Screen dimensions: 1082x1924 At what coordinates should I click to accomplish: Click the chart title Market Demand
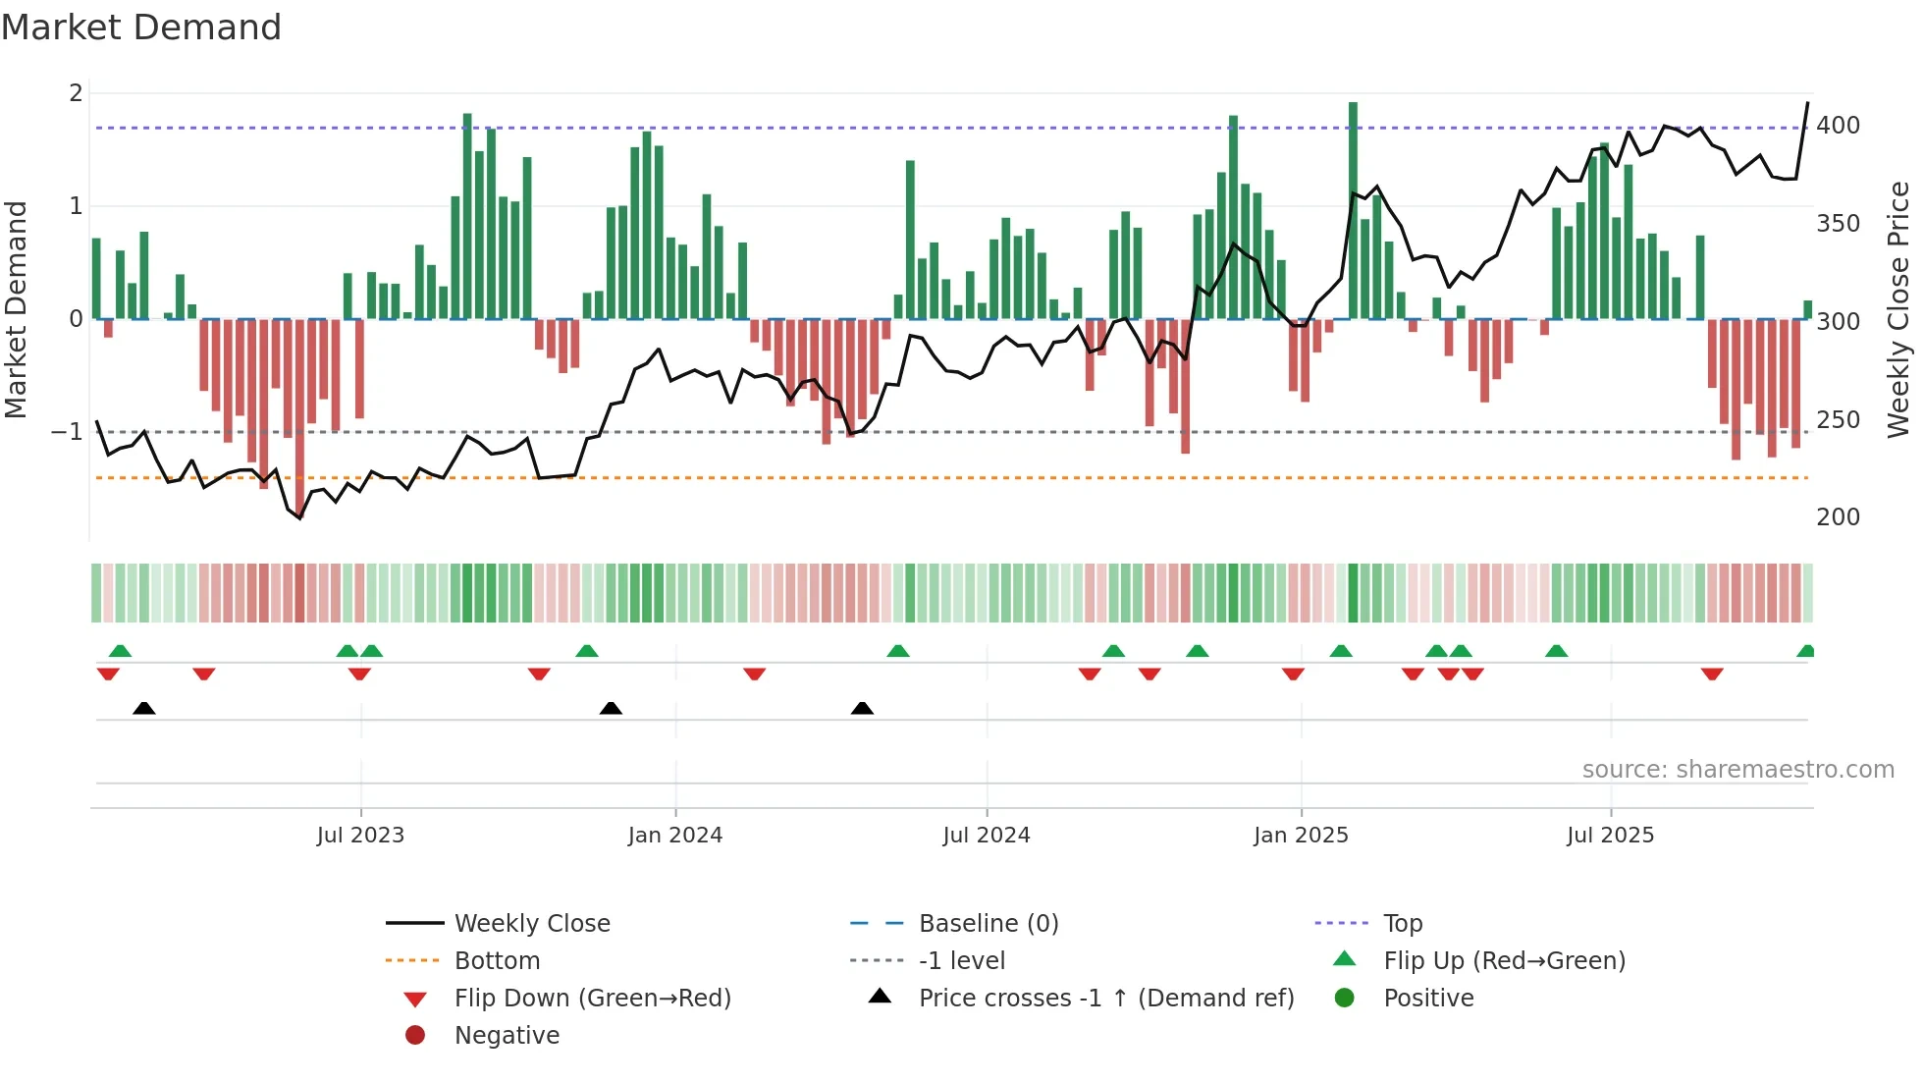(x=141, y=27)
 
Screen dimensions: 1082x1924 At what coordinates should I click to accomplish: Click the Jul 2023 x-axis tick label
(x=360, y=835)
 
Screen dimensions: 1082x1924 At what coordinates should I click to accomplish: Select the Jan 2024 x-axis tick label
(x=675, y=835)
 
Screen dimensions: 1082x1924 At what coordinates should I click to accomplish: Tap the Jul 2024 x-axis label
(x=987, y=835)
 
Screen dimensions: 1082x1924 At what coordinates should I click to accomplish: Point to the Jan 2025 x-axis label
(x=1301, y=835)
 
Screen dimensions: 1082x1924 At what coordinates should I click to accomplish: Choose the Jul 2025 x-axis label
(x=1611, y=835)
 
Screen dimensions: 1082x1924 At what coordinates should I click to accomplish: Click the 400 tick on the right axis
(x=1838, y=126)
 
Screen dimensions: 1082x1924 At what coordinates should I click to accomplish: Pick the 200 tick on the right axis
(x=1838, y=517)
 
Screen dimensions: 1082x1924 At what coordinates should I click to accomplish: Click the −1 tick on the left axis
(x=67, y=432)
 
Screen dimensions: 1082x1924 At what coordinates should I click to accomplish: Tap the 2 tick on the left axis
(x=76, y=93)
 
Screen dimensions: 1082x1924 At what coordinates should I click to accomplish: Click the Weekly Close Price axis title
(x=1898, y=309)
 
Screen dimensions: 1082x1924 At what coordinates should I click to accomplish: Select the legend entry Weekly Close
(x=531, y=923)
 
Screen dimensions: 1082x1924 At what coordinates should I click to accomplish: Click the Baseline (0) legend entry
(x=988, y=923)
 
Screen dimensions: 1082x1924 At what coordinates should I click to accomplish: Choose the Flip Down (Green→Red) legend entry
(x=592, y=998)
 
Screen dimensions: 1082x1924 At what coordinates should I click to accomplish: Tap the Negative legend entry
(x=507, y=1035)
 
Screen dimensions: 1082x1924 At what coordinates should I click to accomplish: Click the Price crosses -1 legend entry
(x=1105, y=998)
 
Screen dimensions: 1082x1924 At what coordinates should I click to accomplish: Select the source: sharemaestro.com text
(x=1737, y=770)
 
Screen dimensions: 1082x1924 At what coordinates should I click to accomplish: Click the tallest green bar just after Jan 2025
(x=1353, y=210)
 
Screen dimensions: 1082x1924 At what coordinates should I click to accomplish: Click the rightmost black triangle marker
(x=862, y=708)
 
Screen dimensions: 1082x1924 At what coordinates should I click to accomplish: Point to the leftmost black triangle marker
(x=144, y=708)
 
